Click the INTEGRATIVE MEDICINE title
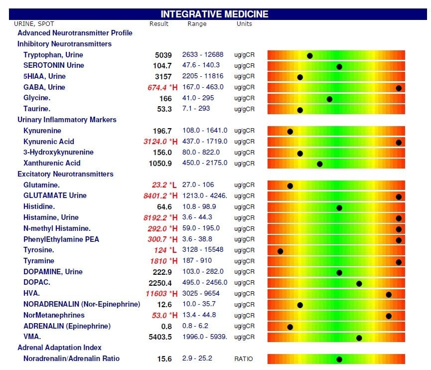tap(214, 14)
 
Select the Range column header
tap(197, 24)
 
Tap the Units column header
tap(244, 24)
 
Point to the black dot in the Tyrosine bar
tap(280, 251)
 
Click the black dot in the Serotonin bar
tap(339, 66)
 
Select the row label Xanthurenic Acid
tap(52, 163)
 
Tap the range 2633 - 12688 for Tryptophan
tap(203, 55)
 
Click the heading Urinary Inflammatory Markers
tap(67, 120)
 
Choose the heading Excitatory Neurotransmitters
tap(65, 174)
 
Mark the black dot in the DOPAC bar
tap(359, 283)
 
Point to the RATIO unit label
tap(244, 359)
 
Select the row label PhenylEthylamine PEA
tap(61, 239)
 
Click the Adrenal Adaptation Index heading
tap(59, 348)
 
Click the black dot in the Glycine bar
tap(329, 99)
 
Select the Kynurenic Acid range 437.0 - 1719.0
tap(205, 142)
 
